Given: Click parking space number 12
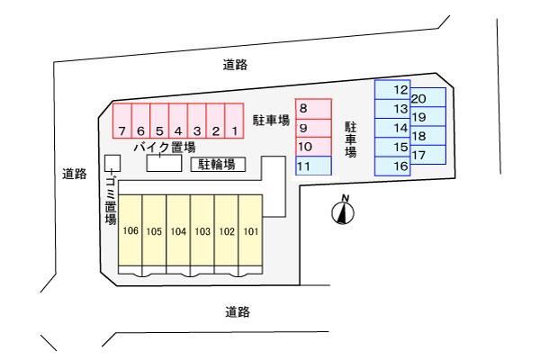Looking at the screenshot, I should pyautogui.click(x=393, y=90).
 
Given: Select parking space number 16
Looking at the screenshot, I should pyautogui.click(x=393, y=166).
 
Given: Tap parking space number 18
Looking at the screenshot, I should pyautogui.click(x=428, y=136).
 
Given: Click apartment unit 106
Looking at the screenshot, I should pyautogui.click(x=130, y=231).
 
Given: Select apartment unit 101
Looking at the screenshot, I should pyautogui.click(x=250, y=231).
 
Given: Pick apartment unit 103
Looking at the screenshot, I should pyautogui.click(x=202, y=231).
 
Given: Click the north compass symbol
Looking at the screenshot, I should pyautogui.click(x=344, y=212).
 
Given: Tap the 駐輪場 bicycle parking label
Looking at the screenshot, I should pyautogui.click(x=217, y=164).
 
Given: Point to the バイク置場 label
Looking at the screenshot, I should pyautogui.click(x=164, y=146).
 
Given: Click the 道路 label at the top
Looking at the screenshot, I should pyautogui.click(x=236, y=65).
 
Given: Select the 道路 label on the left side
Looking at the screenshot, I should pyautogui.click(x=74, y=174).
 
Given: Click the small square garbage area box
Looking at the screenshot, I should pyautogui.click(x=112, y=163).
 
